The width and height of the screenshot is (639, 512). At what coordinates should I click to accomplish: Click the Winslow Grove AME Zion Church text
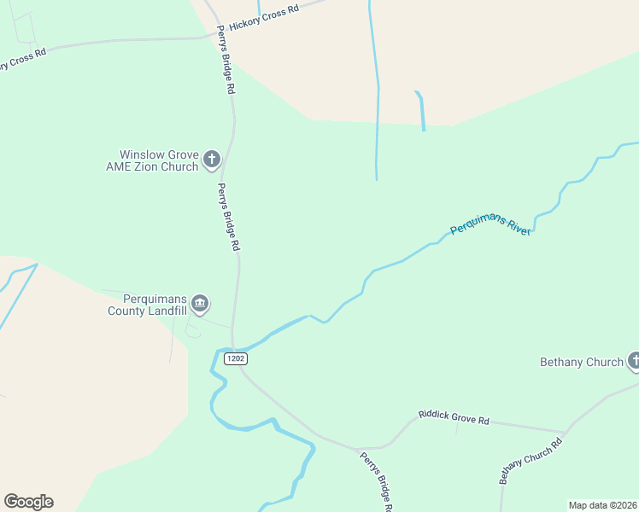click(x=152, y=161)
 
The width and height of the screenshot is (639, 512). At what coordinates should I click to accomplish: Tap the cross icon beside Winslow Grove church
click(x=211, y=160)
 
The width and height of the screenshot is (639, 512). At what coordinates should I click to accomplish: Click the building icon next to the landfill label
click(x=200, y=303)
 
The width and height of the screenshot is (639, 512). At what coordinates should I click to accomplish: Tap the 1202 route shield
click(x=236, y=359)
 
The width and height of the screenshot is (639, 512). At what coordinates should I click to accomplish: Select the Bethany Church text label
click(x=582, y=362)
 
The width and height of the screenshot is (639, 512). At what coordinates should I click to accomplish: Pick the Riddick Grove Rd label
click(x=454, y=418)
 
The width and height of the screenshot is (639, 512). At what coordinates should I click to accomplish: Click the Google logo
click(x=28, y=502)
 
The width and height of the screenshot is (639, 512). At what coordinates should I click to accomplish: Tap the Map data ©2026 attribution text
click(x=603, y=505)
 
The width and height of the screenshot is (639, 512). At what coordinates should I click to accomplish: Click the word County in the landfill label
click(x=126, y=311)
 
